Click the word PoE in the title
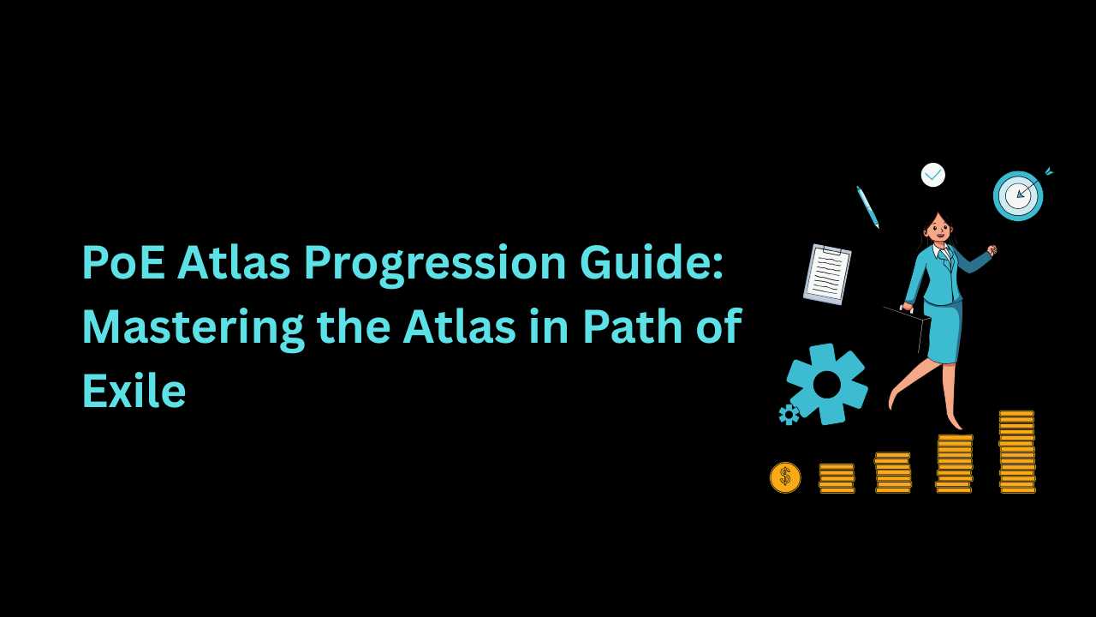(123, 262)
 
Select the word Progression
(434, 265)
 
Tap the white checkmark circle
(933, 175)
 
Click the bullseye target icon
(1019, 195)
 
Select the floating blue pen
(867, 207)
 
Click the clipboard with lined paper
(827, 274)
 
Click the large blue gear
(827, 384)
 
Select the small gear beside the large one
(789, 414)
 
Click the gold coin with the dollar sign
(785, 477)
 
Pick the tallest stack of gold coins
(1016, 452)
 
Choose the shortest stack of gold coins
(837, 478)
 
